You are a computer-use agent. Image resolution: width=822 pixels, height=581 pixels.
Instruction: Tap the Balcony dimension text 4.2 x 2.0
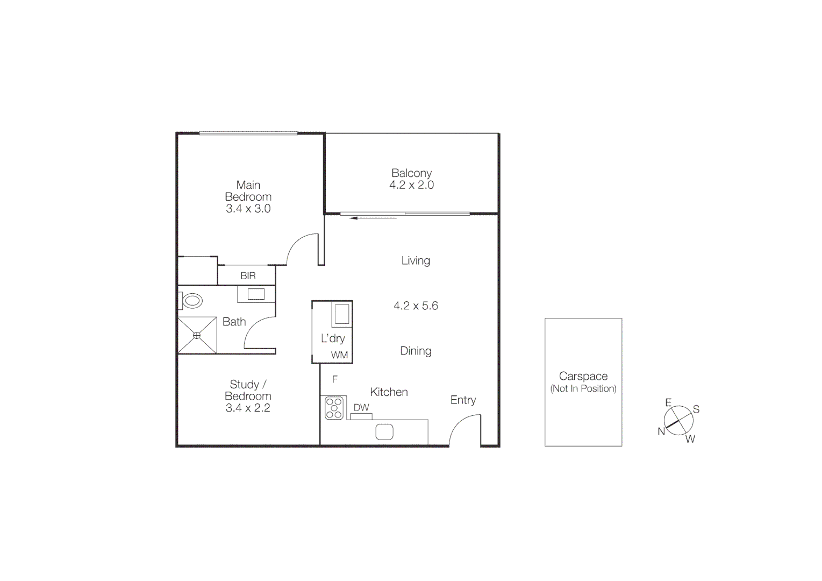coord(411,185)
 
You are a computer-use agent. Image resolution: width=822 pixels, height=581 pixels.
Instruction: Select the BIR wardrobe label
coord(248,276)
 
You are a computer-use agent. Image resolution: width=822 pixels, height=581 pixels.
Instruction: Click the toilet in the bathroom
coord(192,301)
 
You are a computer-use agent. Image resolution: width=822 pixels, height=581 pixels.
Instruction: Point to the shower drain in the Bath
coord(197,336)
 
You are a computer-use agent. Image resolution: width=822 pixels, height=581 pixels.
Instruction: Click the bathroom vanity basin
coord(255,294)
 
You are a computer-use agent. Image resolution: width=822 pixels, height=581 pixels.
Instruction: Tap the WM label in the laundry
coord(339,355)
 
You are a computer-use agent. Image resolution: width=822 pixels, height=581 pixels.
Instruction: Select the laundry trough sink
coord(341,314)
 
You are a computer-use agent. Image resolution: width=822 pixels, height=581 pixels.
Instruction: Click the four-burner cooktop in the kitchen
coord(334,407)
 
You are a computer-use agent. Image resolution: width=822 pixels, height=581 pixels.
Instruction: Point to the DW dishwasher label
coord(361,407)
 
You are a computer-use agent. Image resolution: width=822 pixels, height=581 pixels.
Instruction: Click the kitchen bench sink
coord(384,431)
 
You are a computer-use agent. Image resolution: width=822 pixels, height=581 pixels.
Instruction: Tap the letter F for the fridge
coord(335,380)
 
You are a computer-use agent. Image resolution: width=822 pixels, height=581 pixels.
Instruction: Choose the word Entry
coord(463,400)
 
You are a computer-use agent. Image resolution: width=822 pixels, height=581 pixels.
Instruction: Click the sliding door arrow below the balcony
coord(373,218)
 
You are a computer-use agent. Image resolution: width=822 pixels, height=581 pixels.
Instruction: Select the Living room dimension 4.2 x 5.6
coord(416,306)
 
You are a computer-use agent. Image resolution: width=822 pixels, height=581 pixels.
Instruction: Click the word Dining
coord(416,351)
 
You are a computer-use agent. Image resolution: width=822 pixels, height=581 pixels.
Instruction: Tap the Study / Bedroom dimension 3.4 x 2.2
coord(248,408)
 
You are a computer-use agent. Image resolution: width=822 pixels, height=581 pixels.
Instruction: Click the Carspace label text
coord(583,377)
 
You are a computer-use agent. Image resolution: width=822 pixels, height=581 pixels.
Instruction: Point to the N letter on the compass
coord(661,431)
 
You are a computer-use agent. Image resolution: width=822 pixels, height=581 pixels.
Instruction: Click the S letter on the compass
coord(696,409)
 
